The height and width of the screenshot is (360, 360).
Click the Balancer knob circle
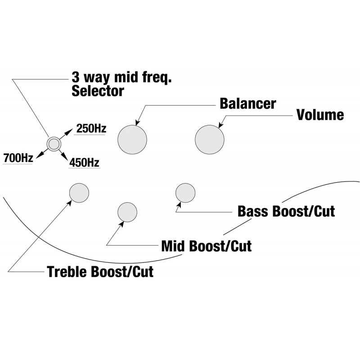pos(132,139)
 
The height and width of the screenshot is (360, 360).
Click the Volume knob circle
pos(210,139)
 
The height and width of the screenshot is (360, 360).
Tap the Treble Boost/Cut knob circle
pos(79,193)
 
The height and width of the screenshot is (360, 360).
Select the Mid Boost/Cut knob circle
pos(127,212)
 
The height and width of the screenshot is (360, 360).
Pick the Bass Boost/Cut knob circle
pos(185,193)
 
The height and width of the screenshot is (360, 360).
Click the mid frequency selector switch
pos(54,144)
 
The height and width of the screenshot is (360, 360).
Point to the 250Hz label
pos(91,129)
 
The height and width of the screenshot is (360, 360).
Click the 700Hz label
pos(18,158)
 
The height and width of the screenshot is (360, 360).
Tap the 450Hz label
pos(85,163)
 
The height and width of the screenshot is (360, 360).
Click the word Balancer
pos(248,103)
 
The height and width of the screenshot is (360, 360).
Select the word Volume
pos(320,115)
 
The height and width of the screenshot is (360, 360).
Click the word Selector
pos(98,91)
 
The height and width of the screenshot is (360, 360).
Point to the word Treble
pos(67,272)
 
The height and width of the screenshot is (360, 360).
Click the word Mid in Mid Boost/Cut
pos(173,246)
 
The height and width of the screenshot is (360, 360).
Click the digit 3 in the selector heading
pos(76,77)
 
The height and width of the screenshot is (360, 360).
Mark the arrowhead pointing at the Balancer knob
pos(138,123)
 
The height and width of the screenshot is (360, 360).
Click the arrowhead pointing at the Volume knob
pos(221,125)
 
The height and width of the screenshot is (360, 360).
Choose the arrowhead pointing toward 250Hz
pos(69,131)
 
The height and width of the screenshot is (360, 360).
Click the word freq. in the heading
pos(157,78)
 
